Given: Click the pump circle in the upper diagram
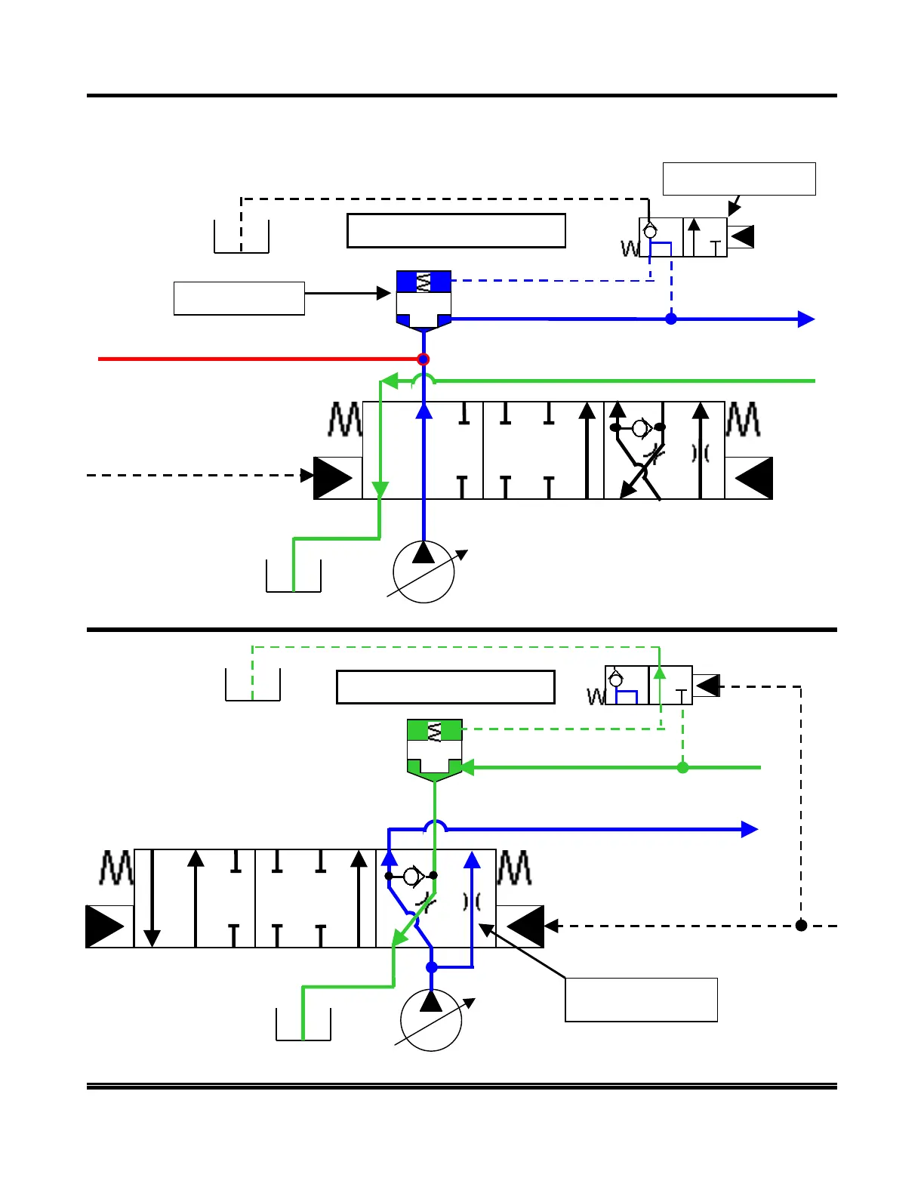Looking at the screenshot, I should [423, 572].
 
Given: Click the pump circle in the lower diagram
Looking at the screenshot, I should [431, 1020].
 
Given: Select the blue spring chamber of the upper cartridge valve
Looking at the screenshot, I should [423, 282].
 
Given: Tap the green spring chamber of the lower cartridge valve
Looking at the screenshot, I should [434, 730].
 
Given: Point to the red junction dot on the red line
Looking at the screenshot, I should [423, 359].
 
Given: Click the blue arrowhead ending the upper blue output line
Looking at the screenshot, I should [806, 319].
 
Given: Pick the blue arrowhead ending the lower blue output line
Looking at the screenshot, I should [750, 830].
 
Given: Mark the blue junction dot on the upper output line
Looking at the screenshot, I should [671, 319].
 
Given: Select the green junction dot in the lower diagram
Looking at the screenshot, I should [683, 768].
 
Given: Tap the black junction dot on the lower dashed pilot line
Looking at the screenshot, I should [802, 925].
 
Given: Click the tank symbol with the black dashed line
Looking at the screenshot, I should [242, 237].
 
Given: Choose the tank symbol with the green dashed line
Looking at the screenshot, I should [253, 685].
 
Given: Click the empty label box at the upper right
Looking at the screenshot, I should [739, 179].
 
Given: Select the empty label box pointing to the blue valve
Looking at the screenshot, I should [239, 298].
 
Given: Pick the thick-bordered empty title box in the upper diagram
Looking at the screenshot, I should [456, 230].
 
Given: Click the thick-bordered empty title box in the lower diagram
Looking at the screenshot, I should [445, 687].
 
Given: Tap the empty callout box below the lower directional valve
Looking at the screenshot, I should [641, 1000].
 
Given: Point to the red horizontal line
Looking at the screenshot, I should [257, 359].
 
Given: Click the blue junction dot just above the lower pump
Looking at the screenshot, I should [432, 967].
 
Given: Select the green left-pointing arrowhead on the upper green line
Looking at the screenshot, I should [389, 381].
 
